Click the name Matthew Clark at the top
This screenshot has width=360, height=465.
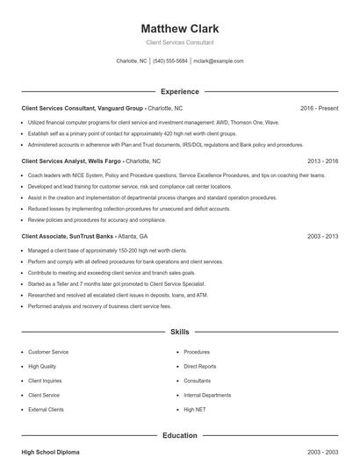[x=180, y=28]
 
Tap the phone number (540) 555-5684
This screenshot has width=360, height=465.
[x=170, y=61]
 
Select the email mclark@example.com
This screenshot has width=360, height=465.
[x=219, y=61]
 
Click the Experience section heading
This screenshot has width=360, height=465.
[x=180, y=91]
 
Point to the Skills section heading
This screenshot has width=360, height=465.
[x=180, y=333]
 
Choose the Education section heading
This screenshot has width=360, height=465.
[x=180, y=435]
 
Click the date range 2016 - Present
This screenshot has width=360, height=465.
[x=319, y=108]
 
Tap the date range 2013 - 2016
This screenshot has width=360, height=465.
[x=322, y=161]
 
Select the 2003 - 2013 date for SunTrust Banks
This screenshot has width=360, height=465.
[x=322, y=237]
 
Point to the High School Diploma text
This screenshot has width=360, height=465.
[x=50, y=452]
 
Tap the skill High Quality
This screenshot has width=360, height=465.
[x=42, y=366]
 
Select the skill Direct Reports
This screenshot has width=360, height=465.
[x=200, y=366]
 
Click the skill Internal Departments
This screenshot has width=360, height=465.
[x=207, y=395]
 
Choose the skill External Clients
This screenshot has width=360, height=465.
[x=46, y=410]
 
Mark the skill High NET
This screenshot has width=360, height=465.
[x=195, y=410]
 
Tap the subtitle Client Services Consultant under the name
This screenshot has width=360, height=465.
[x=180, y=42]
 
